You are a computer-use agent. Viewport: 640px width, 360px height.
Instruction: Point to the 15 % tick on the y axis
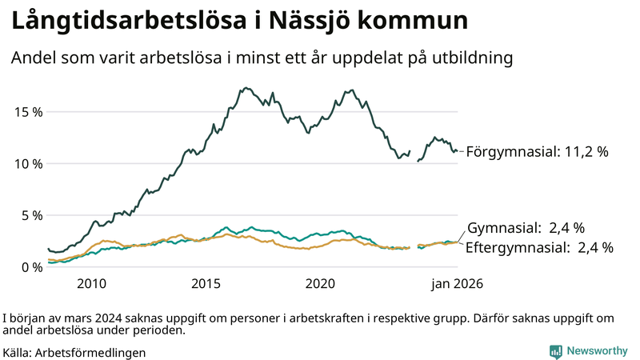click(28, 112)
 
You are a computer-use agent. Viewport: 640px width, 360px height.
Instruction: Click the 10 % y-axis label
click(28, 164)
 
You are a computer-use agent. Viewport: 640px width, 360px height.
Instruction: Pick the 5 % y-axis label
click(31, 215)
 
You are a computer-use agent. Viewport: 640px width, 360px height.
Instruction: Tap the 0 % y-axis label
click(31, 267)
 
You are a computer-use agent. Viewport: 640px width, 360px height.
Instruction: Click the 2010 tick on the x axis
click(91, 284)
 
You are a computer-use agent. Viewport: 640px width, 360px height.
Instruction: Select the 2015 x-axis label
click(206, 284)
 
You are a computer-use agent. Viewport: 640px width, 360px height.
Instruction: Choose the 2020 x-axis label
click(320, 284)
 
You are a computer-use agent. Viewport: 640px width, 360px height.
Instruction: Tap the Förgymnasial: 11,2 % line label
click(538, 151)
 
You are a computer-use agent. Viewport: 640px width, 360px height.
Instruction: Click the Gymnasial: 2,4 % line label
click(526, 228)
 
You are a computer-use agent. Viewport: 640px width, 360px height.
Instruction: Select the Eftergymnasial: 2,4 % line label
click(539, 248)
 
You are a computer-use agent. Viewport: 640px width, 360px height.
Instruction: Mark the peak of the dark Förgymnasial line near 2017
click(246, 88)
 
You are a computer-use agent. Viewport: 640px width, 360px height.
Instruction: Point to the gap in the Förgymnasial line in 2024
click(414, 156)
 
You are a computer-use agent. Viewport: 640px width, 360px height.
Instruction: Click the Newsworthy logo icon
click(555, 351)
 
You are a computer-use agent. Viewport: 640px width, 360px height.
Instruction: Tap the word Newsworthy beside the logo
click(597, 351)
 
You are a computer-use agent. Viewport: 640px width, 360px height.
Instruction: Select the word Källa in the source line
click(17, 352)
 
